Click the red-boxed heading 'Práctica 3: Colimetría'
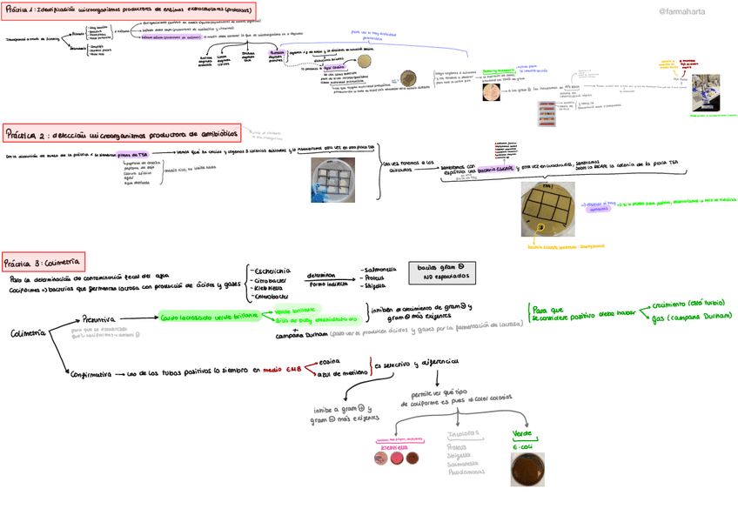pos(43,262)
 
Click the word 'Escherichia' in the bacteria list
pos(272,271)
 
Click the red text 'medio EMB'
pos(281,369)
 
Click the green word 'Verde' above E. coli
pos(522,432)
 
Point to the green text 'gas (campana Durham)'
pos(688,318)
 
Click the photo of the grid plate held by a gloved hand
pos(332,181)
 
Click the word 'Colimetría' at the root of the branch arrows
pos(30,334)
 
